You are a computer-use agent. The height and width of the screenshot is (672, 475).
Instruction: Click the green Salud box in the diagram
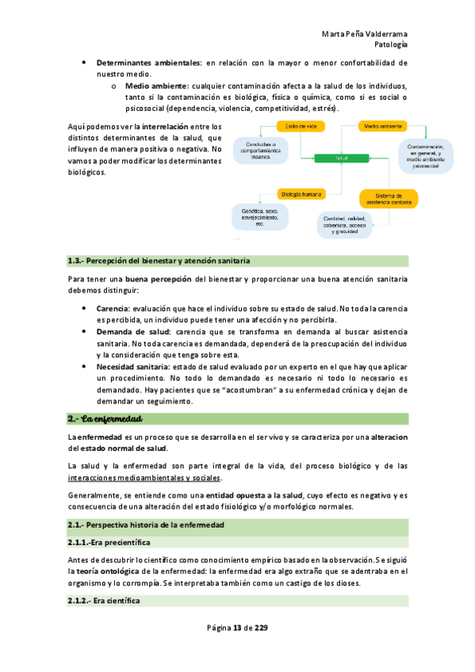click(x=343, y=158)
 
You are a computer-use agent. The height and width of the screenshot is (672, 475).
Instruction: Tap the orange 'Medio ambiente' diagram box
click(x=381, y=127)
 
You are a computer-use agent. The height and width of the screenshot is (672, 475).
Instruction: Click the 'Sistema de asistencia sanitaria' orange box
click(x=389, y=198)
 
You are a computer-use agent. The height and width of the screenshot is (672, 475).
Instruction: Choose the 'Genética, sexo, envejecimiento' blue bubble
click(x=259, y=216)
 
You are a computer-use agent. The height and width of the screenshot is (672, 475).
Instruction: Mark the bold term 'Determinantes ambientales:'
click(x=149, y=62)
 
